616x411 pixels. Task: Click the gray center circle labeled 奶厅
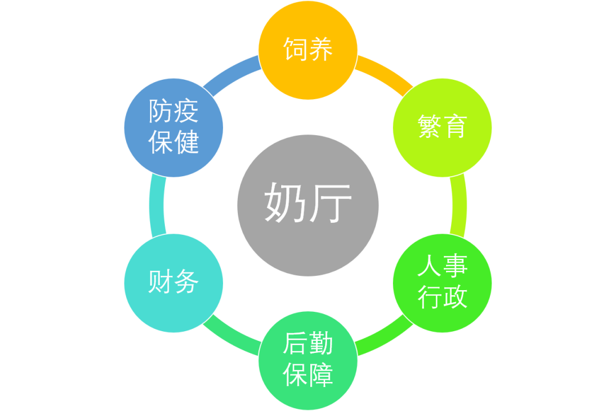tap(308, 205)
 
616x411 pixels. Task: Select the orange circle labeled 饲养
tap(308, 50)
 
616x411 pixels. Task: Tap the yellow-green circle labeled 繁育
tap(442, 127)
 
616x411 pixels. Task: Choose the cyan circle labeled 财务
tap(173, 283)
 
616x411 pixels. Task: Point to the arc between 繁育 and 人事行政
tap(459, 205)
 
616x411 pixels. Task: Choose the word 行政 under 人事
tap(442, 296)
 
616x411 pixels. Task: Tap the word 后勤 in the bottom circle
tap(308, 345)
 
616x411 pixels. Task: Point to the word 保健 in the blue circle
tap(173, 143)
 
